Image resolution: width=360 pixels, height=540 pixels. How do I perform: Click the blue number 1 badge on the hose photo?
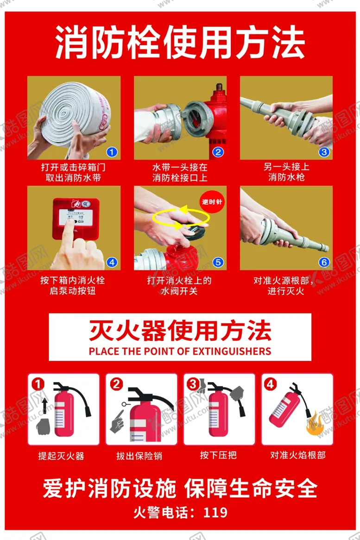[x=112, y=152]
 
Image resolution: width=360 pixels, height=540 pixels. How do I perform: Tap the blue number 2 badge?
[x=218, y=152]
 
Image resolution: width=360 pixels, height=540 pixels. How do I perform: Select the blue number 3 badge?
[x=324, y=152]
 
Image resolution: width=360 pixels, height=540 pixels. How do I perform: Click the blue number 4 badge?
[x=112, y=262]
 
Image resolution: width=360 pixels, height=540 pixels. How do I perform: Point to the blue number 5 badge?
[x=218, y=262]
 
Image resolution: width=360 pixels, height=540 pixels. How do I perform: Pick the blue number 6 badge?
[x=324, y=262]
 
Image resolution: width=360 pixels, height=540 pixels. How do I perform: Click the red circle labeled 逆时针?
[x=212, y=201]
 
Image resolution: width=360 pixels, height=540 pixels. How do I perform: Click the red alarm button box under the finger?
[x=76, y=219]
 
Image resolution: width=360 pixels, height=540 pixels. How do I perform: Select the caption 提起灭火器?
[x=61, y=456]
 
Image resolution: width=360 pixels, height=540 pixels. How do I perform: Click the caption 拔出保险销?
[x=139, y=456]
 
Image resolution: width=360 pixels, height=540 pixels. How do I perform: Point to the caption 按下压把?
[x=218, y=455]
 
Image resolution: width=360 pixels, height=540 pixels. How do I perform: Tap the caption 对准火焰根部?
[x=297, y=455]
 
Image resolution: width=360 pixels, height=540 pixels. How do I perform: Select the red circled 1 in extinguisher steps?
[x=38, y=384]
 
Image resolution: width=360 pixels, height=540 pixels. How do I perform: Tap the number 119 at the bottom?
[x=215, y=513]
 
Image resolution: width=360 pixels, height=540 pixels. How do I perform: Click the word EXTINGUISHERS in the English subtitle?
[x=232, y=351]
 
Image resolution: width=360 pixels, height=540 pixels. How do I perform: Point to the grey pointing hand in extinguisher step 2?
[x=117, y=421]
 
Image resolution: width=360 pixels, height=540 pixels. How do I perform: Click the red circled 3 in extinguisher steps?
[x=193, y=384]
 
